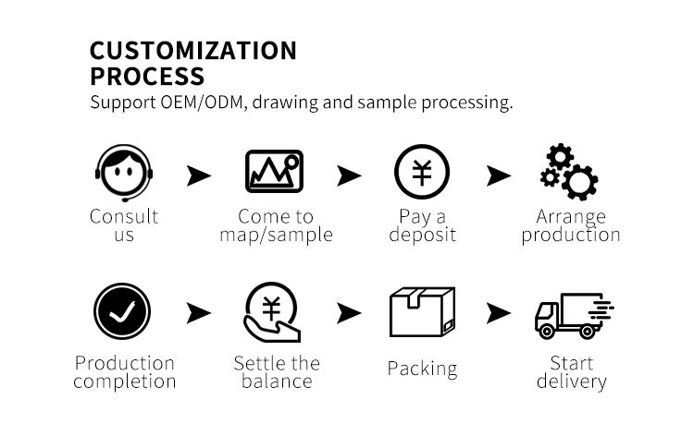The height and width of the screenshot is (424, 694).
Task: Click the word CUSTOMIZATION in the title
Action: pyautogui.click(x=193, y=51)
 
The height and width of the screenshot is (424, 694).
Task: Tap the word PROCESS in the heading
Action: pyautogui.click(x=147, y=76)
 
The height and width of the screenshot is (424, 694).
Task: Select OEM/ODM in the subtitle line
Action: pyautogui.click(x=202, y=102)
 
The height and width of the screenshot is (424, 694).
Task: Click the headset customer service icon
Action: pyautogui.click(x=124, y=173)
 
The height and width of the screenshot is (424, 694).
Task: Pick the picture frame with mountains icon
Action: pyautogui.click(x=275, y=172)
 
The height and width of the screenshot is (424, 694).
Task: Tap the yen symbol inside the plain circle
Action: pyautogui.click(x=422, y=172)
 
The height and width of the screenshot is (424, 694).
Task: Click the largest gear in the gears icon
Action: pyautogui.click(x=579, y=182)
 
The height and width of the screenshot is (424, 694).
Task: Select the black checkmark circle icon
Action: pyautogui.click(x=122, y=311)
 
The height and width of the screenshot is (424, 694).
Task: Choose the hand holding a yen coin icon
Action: pyautogui.click(x=272, y=312)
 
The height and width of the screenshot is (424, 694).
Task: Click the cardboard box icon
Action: pyautogui.click(x=422, y=312)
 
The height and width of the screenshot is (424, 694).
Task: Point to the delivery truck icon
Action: pyautogui.click(x=575, y=315)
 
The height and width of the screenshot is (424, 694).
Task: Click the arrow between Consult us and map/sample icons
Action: pyautogui.click(x=199, y=176)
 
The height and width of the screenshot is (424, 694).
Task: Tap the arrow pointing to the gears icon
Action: pyautogui.click(x=499, y=176)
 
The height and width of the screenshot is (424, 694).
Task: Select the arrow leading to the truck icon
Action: pyautogui.click(x=499, y=313)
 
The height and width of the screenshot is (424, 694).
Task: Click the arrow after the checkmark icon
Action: pyautogui.click(x=199, y=313)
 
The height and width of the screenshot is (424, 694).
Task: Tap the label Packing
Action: pyautogui.click(x=422, y=369)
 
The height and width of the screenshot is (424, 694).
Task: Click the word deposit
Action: pyautogui.click(x=422, y=235)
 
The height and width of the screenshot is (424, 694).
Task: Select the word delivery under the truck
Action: pyautogui.click(x=572, y=382)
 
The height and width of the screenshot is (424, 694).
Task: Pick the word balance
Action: pyautogui.click(x=277, y=381)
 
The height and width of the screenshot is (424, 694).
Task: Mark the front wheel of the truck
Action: pyautogui.click(x=547, y=331)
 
